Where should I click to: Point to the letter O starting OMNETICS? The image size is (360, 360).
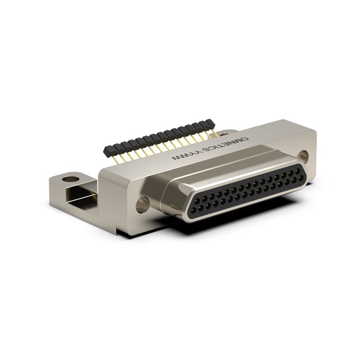[x=246, y=139]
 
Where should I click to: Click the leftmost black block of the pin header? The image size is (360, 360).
[x=108, y=150]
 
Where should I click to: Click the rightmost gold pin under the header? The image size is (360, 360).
[x=215, y=133]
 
